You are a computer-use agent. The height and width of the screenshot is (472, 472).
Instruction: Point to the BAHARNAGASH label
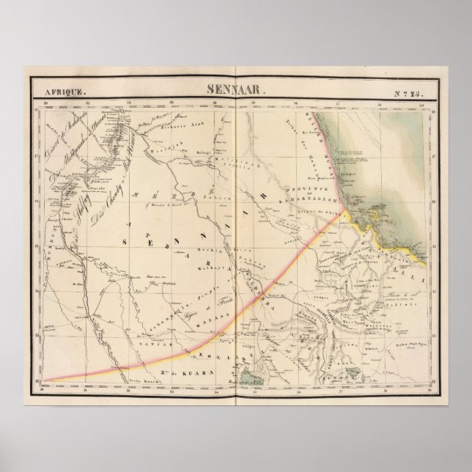tap(309, 198)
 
